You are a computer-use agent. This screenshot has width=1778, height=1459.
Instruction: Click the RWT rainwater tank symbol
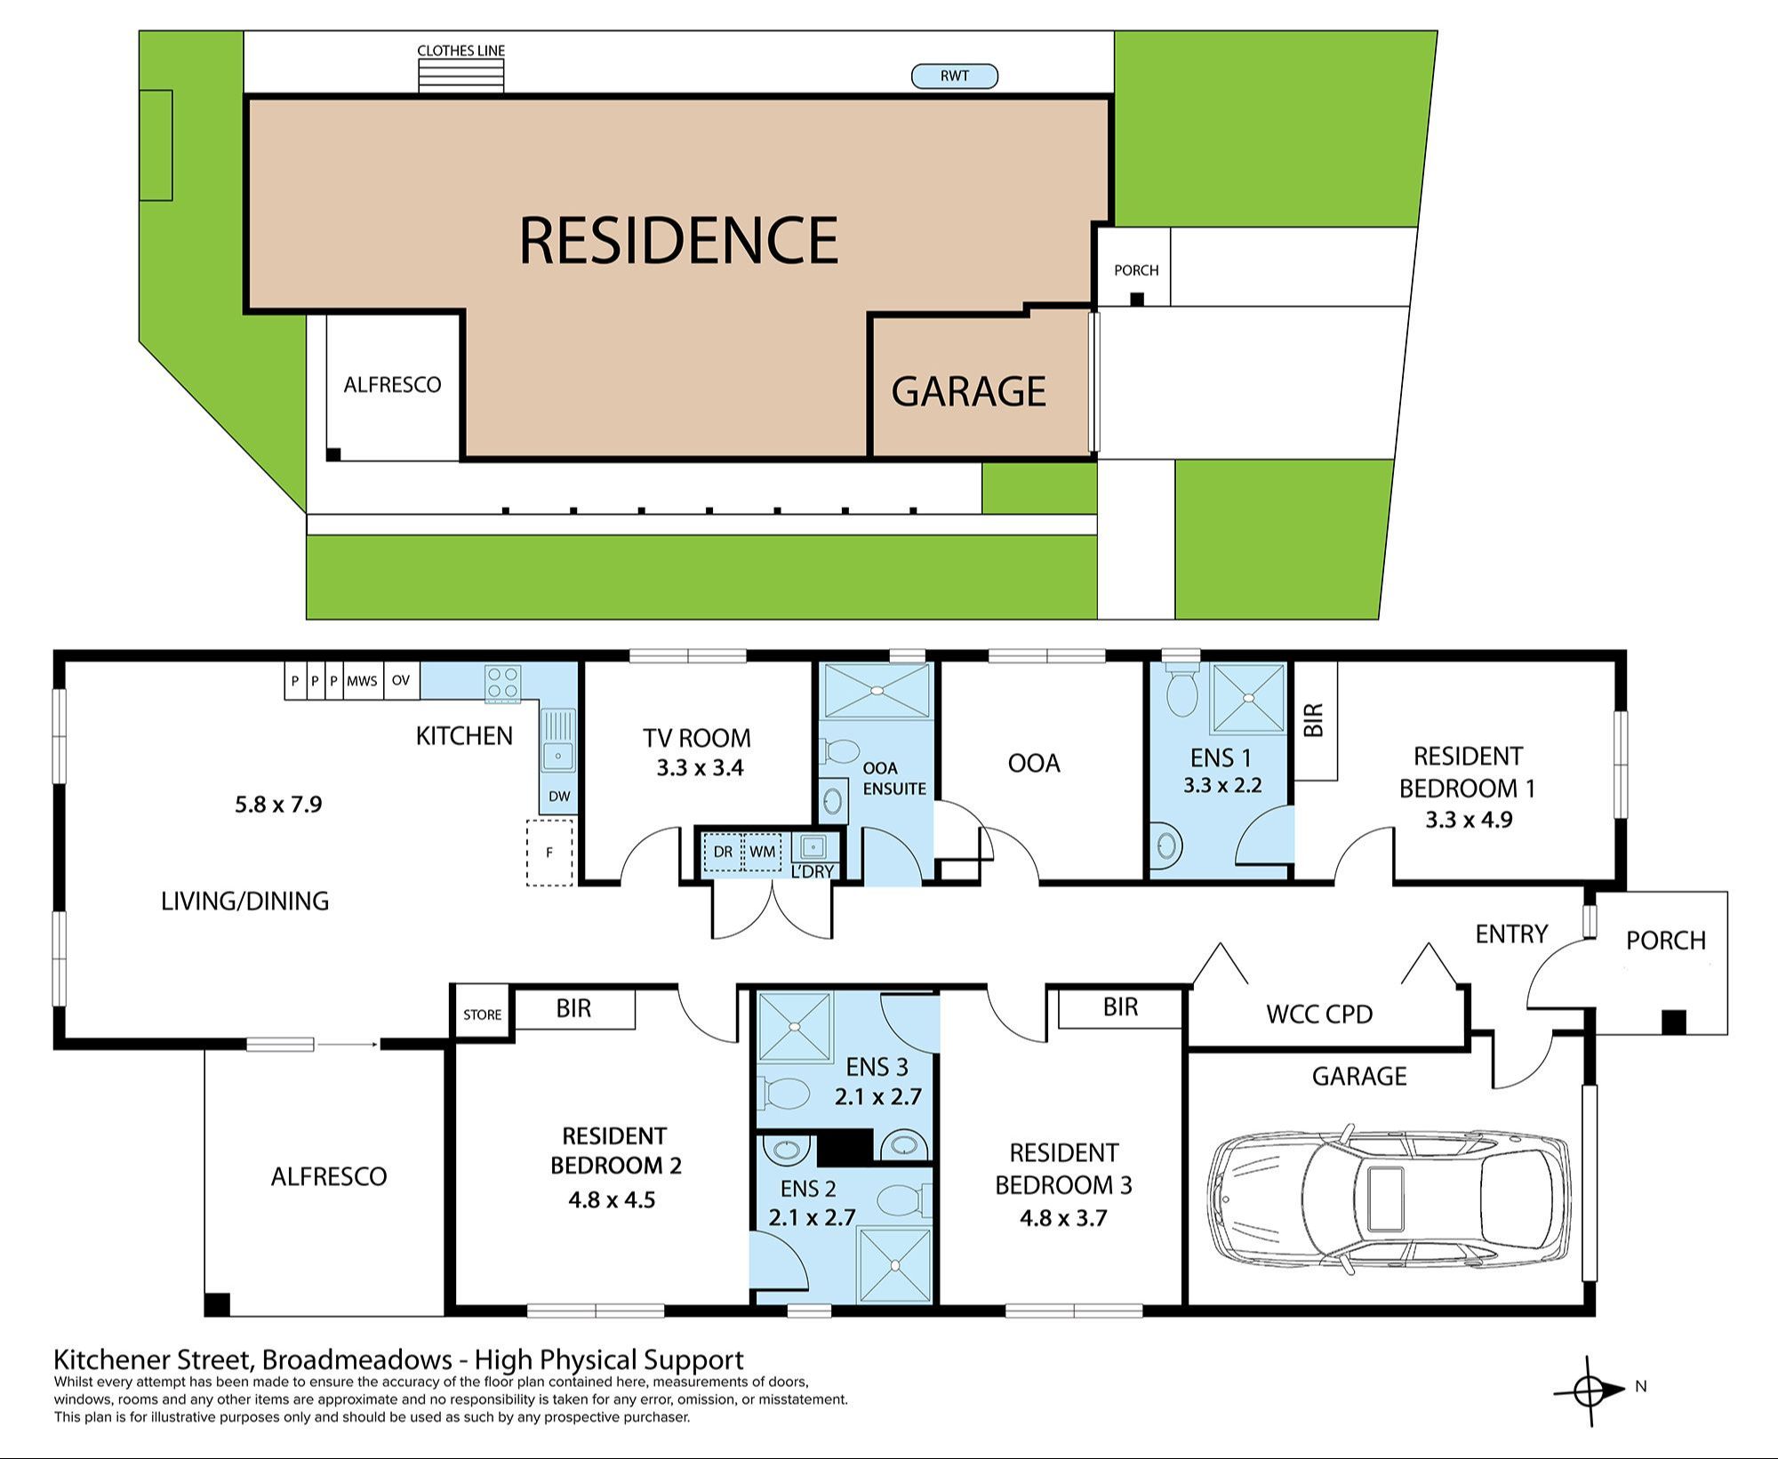[955, 76]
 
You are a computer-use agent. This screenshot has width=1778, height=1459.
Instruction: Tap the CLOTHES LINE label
[461, 51]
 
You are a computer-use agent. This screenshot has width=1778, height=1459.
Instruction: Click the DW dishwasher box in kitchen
[559, 797]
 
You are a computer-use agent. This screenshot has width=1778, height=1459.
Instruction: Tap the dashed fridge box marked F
[549, 853]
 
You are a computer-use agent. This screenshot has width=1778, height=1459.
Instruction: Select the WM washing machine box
[762, 852]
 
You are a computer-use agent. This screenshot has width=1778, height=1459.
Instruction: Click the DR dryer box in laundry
[723, 852]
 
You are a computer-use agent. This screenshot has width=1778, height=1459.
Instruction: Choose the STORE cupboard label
[482, 1014]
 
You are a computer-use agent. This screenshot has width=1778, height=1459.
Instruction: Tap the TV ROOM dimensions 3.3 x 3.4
[700, 768]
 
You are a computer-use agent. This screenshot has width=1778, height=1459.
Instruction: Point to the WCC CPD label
[1319, 1014]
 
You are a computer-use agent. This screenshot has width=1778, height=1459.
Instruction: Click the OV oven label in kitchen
[401, 681]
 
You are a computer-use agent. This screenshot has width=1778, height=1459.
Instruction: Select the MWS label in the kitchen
[362, 681]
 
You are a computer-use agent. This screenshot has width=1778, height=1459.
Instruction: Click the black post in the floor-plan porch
[1673, 1022]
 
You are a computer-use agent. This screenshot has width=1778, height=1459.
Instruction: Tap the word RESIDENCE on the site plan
[678, 241]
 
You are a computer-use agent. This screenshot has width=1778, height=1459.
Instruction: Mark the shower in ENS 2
[894, 1265]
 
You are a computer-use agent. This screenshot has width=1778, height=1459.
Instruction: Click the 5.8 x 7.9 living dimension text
[278, 805]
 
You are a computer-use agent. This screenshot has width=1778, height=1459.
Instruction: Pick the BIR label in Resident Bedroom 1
[1315, 720]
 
